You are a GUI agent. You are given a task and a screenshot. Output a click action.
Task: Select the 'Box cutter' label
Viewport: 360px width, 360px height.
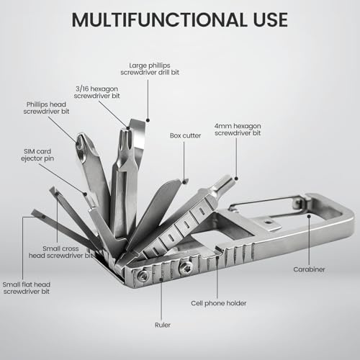pyautogui.click(x=185, y=135)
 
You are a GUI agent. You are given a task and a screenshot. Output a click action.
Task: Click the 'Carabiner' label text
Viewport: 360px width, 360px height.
pyautogui.click(x=309, y=269)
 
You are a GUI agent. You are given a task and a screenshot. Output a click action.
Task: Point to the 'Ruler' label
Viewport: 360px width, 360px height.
pyautogui.click(x=163, y=325)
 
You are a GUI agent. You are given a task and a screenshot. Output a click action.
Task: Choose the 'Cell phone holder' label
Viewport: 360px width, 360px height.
pyautogui.click(x=219, y=303)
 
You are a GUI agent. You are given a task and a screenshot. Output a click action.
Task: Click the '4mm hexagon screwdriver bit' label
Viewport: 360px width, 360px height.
pyautogui.click(x=238, y=130)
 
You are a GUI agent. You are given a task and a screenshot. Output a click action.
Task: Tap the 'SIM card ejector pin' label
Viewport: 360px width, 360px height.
pyautogui.click(x=37, y=155)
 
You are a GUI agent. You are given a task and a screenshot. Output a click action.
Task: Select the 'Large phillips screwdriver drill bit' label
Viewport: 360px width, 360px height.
pyautogui.click(x=150, y=69)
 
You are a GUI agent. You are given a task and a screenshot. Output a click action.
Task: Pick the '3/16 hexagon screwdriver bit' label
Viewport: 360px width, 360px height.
pyautogui.click(x=96, y=92)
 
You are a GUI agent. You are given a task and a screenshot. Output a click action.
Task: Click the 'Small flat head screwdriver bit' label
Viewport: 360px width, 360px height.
pyautogui.click(x=27, y=288)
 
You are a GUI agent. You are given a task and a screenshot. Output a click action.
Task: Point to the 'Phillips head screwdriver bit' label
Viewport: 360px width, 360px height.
pyautogui.click(x=46, y=108)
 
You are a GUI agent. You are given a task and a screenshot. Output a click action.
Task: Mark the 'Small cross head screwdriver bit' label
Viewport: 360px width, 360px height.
pyautogui.click(x=60, y=252)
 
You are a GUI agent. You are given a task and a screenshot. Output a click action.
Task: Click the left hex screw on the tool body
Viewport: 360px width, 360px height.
pyautogui.click(x=144, y=276)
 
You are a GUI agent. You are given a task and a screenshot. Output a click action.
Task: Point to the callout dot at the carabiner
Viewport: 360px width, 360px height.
pyautogui.click(x=309, y=216)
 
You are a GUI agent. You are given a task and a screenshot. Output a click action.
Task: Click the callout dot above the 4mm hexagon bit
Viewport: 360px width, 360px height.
pyautogui.click(x=236, y=179)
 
